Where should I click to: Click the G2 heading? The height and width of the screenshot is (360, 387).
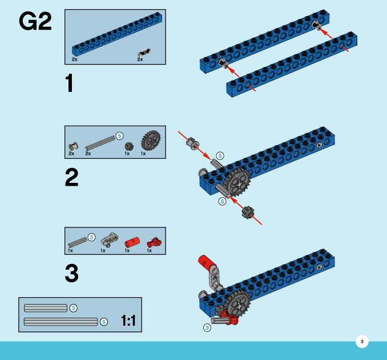(35, 22)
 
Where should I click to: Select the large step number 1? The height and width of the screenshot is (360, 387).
(70, 85)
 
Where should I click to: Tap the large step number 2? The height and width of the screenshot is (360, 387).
(71, 178)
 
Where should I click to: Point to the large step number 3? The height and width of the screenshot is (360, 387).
(71, 273)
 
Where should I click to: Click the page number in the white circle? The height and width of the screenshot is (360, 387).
(361, 342)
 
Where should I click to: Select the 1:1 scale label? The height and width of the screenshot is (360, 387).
(128, 321)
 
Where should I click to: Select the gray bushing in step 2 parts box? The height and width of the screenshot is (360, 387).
(72, 146)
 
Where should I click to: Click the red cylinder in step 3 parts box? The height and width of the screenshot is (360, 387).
(132, 241)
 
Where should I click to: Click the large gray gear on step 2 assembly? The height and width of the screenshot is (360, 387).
(238, 183)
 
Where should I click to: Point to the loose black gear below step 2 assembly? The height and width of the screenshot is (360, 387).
(247, 213)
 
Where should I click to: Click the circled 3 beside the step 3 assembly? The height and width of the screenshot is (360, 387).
(207, 327)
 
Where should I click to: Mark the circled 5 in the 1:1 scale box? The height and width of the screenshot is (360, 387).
(104, 322)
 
